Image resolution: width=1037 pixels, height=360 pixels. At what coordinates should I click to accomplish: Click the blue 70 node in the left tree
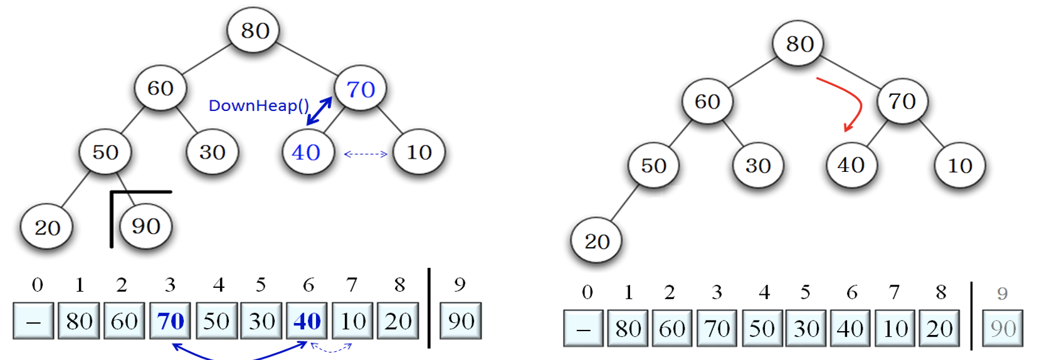pyautogui.click(x=361, y=88)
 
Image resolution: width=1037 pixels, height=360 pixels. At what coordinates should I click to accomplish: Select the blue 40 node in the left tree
pyautogui.click(x=306, y=152)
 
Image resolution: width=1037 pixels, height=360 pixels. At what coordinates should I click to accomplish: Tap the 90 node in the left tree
pyautogui.click(x=145, y=226)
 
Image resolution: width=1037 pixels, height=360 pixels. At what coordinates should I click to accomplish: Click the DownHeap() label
pyautogui.click(x=258, y=105)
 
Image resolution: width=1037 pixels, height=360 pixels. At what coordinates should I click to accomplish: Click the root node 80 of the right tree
pyautogui.click(x=799, y=43)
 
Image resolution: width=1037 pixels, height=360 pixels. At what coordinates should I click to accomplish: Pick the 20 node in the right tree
pyautogui.click(x=597, y=241)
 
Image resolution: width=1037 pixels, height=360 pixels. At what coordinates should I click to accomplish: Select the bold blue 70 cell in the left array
pyautogui.click(x=171, y=321)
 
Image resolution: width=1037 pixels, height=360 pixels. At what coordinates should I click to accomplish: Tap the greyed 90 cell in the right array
pyautogui.click(x=1003, y=328)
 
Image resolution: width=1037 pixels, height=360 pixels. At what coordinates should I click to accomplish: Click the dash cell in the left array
pyautogui.click(x=33, y=321)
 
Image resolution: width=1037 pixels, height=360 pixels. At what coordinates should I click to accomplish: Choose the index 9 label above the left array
pyautogui.click(x=460, y=285)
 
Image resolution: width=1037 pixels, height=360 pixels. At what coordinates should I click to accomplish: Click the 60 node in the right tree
pyautogui.click(x=707, y=101)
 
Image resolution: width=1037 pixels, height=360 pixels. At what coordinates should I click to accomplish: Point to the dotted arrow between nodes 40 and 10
pyautogui.click(x=366, y=154)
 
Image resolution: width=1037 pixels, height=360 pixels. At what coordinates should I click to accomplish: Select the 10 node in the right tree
pyautogui.click(x=959, y=166)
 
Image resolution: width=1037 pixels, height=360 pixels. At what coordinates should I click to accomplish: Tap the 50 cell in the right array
pyautogui.click(x=761, y=328)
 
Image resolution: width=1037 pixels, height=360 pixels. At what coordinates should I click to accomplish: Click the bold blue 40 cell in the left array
pyautogui.click(x=307, y=321)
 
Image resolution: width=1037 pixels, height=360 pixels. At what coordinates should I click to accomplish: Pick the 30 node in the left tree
pyautogui.click(x=213, y=152)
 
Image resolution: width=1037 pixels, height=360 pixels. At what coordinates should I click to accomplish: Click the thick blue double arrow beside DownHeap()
pyautogui.click(x=320, y=111)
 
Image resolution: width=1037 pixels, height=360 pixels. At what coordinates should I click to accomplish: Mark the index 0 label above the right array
pyautogui.click(x=587, y=292)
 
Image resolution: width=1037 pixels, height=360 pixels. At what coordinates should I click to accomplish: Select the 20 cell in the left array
pyautogui.click(x=398, y=321)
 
